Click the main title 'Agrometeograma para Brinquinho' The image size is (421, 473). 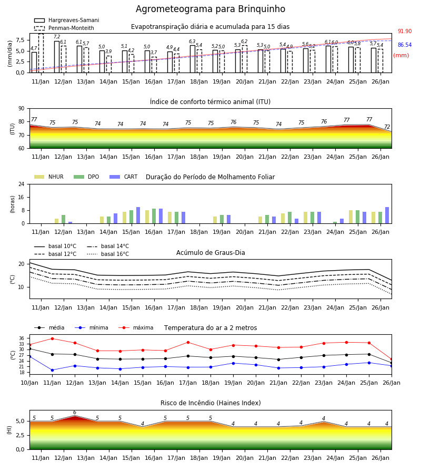pos(210,9)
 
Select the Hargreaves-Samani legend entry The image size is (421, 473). pos(67,20)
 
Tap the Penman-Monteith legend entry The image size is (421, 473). pos(64,28)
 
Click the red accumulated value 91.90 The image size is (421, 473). pos(405,31)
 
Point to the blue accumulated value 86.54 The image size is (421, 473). pos(405,45)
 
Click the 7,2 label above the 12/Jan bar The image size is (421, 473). pos(57,37)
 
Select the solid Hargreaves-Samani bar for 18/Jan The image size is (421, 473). pos(193,59)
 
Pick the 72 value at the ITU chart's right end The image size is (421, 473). pos(387,127)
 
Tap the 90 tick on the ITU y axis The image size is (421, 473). pos(22,109)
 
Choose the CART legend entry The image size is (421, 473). pos(124,177)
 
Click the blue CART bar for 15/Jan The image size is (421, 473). pos(138,215)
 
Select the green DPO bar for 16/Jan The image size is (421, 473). pos(154,216)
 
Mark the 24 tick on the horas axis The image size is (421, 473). pos(22,184)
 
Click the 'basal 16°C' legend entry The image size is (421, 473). pos(108,254)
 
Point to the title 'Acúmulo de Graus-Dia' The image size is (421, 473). pos(210,253)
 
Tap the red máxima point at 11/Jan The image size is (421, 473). pos(52,338)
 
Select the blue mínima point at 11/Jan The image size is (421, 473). pos(52,370)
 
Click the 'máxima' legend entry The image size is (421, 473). pos(136,327)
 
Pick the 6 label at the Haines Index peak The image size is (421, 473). pos(75,413)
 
